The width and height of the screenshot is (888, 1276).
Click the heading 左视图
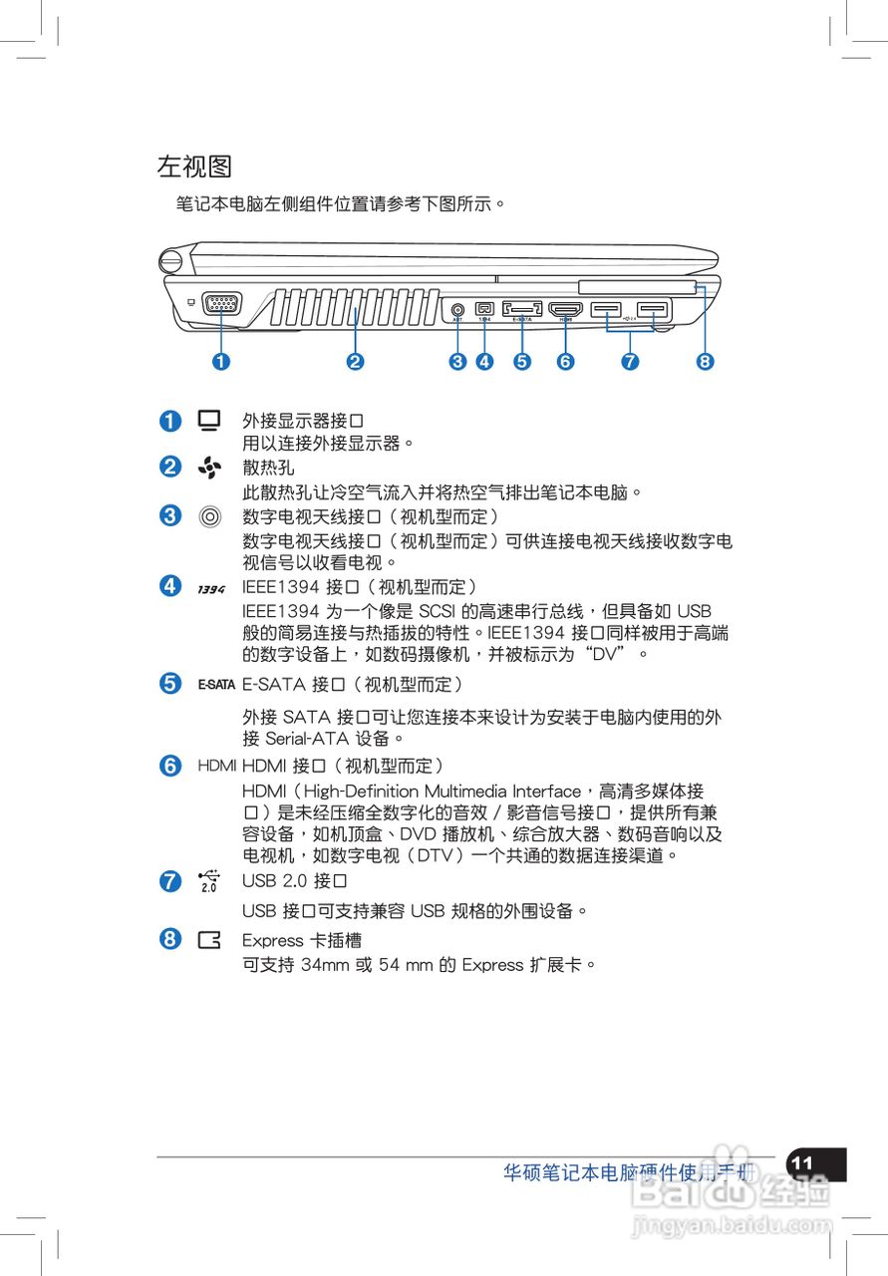(x=194, y=165)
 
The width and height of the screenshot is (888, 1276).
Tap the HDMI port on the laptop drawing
(x=565, y=309)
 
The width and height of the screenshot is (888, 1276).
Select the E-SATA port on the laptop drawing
(x=522, y=309)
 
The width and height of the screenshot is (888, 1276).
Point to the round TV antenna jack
(x=457, y=310)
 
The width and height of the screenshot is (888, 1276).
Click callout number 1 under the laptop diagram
(x=220, y=362)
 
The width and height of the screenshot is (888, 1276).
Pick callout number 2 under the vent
(x=354, y=362)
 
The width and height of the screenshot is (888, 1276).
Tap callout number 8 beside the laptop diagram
(x=705, y=362)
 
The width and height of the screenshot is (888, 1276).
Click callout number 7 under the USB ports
(x=629, y=362)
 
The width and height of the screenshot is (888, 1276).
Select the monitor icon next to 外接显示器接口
(x=208, y=421)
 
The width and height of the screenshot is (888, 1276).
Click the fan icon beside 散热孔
(x=208, y=467)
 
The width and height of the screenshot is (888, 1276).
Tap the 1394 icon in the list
(x=210, y=589)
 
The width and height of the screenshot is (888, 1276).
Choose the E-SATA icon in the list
(x=215, y=685)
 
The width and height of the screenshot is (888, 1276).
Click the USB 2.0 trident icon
(x=208, y=880)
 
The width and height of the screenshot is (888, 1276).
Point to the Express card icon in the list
(x=209, y=940)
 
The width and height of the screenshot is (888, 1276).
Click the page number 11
(x=802, y=1163)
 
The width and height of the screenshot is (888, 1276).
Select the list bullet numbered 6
(x=170, y=766)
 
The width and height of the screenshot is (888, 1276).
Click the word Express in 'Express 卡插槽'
(x=271, y=940)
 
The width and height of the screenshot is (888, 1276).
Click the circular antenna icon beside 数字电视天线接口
(x=208, y=516)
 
